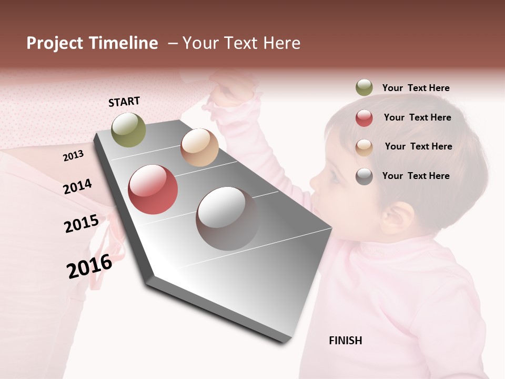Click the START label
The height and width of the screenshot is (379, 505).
pyautogui.click(x=124, y=101)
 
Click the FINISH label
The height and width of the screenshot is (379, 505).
pyautogui.click(x=345, y=341)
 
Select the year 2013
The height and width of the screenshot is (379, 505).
pyautogui.click(x=73, y=155)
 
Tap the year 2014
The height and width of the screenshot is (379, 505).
pyautogui.click(x=77, y=186)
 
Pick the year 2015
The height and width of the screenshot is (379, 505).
pyautogui.click(x=81, y=224)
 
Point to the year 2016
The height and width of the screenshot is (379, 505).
pyautogui.click(x=89, y=266)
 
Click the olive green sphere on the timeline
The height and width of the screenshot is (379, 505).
pyautogui.click(x=128, y=129)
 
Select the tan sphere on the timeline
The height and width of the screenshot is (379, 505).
pyautogui.click(x=199, y=147)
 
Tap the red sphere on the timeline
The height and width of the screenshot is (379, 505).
pyautogui.click(x=153, y=189)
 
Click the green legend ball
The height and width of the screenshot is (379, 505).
pyautogui.click(x=364, y=88)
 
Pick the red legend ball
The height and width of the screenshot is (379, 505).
pyautogui.click(x=364, y=118)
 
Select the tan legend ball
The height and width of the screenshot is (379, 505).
pyautogui.click(x=364, y=147)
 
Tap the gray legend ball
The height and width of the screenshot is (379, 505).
pyautogui.click(x=364, y=176)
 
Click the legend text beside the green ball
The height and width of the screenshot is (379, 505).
pyautogui.click(x=416, y=88)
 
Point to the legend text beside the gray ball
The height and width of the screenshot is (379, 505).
pyautogui.click(x=416, y=176)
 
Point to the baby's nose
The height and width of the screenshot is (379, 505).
pyautogui.click(x=314, y=182)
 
